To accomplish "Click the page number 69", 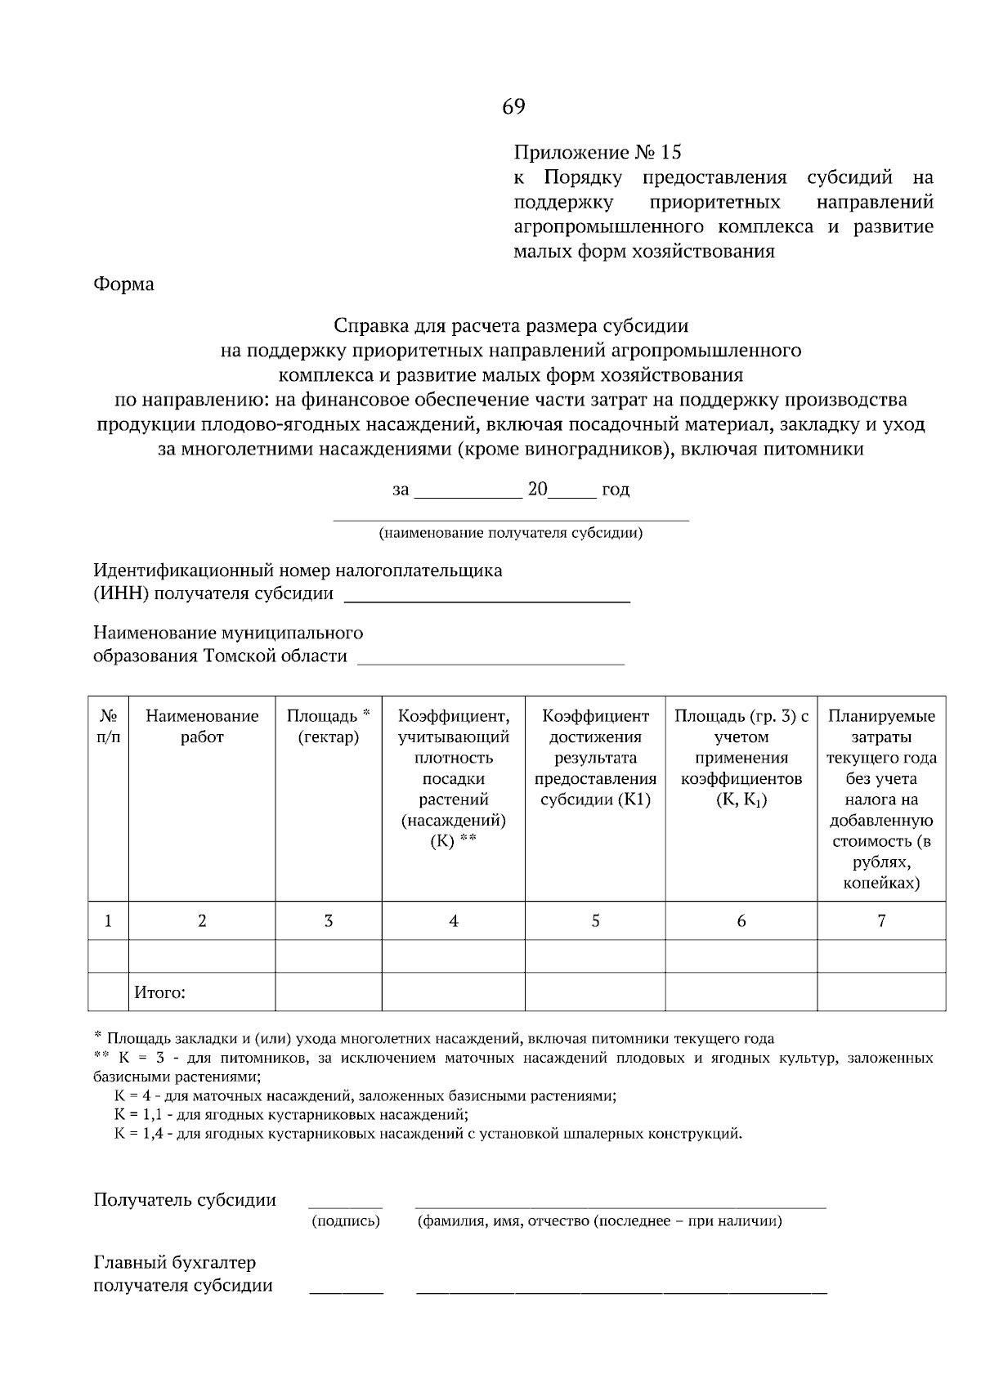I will pyautogui.click(x=513, y=107).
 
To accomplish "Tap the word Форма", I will pyautogui.click(x=123, y=284).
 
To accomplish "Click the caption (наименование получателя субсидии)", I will pyautogui.click(x=510, y=534).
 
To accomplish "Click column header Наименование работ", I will pyautogui.click(x=202, y=726).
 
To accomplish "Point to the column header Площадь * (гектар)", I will pyautogui.click(x=328, y=726).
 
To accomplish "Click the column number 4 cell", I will pyautogui.click(x=453, y=921).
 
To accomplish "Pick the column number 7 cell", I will pyautogui.click(x=881, y=921).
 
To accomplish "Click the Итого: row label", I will pyautogui.click(x=160, y=993).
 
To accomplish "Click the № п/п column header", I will pyautogui.click(x=108, y=726).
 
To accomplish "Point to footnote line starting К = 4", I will pyautogui.click(x=365, y=1096).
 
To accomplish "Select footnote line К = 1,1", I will pyautogui.click(x=291, y=1115).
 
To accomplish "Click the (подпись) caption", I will pyautogui.click(x=346, y=1221).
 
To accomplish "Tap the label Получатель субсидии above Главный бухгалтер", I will pyautogui.click(x=185, y=1200).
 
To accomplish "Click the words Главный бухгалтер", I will pyautogui.click(x=174, y=1263).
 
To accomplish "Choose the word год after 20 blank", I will pyautogui.click(x=615, y=490).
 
